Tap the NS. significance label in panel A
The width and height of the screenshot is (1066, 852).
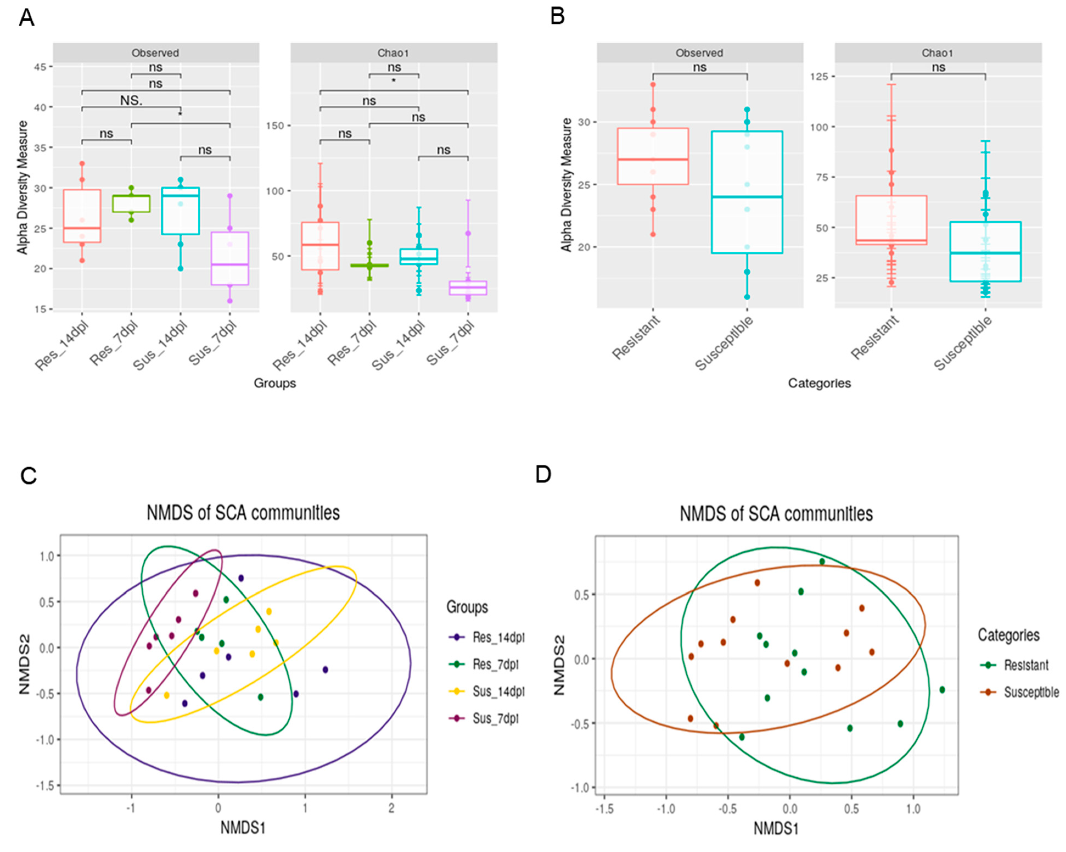131,100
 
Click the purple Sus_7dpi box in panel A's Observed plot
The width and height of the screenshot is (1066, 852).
230,258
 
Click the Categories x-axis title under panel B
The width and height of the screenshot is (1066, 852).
819,383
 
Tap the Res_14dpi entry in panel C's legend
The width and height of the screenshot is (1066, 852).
498,637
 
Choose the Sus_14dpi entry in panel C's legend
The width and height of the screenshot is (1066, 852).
498,691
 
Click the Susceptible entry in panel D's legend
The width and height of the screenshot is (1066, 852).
1031,692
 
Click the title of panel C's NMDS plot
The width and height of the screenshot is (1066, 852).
243,513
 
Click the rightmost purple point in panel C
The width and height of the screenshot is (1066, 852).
325,669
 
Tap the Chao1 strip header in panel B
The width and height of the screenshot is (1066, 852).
938,53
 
